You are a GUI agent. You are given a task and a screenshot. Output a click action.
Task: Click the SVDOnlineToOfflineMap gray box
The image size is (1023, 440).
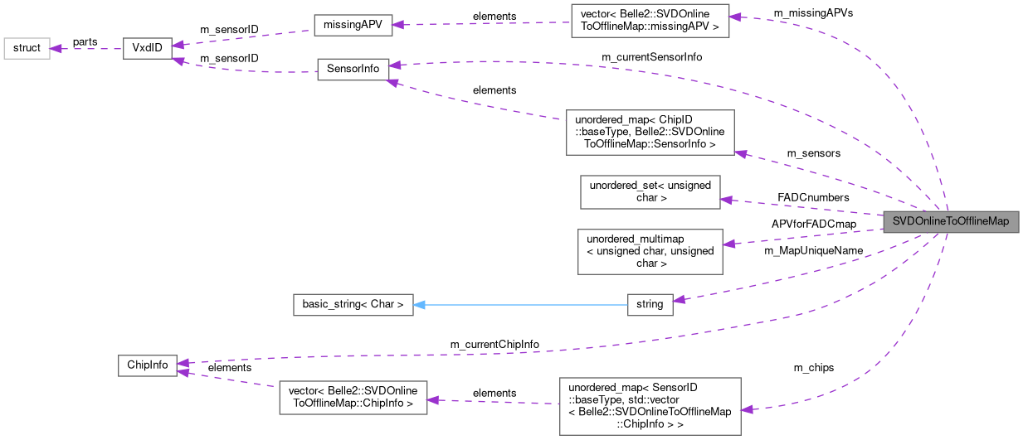pos(950,222)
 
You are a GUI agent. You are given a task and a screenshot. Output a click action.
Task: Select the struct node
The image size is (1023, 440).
pos(27,48)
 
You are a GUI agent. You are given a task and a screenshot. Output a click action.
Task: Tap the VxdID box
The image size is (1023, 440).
pos(147,48)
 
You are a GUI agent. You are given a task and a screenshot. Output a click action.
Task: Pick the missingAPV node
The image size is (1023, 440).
pos(353,25)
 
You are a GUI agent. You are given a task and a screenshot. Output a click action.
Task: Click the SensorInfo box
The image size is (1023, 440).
pos(353,69)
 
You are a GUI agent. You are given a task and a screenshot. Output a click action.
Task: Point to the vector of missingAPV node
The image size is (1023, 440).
pos(650,20)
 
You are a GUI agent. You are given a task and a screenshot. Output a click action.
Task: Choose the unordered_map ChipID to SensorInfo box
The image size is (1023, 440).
pos(650,132)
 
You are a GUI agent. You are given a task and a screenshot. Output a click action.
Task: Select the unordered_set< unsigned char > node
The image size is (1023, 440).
pos(650,191)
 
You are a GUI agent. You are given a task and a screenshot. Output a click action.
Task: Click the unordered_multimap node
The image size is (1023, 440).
pos(650,251)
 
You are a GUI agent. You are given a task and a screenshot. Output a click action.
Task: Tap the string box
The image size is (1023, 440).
pos(650,304)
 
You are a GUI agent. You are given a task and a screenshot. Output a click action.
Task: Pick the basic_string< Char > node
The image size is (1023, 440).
pos(353,304)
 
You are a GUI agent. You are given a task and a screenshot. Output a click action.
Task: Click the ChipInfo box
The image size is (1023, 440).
pos(147,365)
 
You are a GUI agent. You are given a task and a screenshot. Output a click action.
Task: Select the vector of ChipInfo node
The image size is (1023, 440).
pos(353,398)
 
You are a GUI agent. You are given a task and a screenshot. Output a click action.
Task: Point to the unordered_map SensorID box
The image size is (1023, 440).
pos(650,406)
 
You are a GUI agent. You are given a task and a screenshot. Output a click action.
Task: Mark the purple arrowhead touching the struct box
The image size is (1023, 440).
pos(56,48)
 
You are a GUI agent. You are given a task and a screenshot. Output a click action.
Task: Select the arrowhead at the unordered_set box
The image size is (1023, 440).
pos(727,199)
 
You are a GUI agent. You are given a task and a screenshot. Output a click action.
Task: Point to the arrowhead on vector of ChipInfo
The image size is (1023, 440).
pos(432,400)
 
